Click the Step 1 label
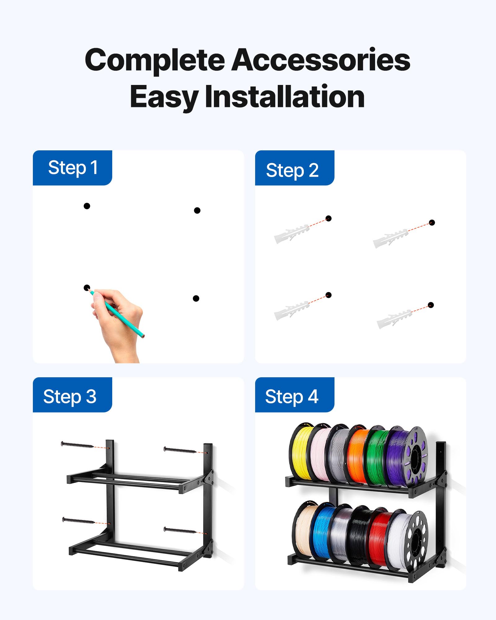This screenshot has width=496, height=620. (73, 168)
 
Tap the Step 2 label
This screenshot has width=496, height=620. (292, 170)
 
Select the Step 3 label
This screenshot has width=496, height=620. (70, 396)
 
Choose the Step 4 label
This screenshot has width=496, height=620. (291, 396)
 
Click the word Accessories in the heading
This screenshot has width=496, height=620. (321, 60)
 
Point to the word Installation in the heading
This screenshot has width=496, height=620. (285, 97)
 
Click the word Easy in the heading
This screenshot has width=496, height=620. (164, 97)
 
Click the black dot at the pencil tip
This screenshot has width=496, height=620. (87, 288)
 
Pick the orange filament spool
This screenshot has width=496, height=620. (356, 456)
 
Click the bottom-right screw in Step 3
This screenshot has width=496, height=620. (180, 531)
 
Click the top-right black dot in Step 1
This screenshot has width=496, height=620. (197, 210)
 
